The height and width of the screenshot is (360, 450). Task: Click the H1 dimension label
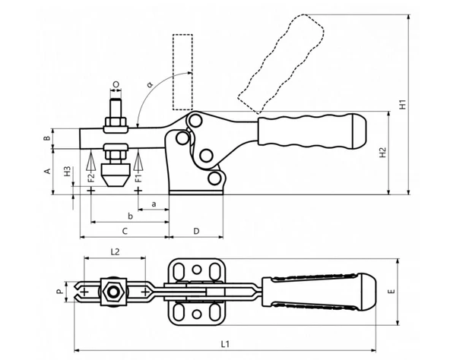pyautogui.click(x=403, y=104)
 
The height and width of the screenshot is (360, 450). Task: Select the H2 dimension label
pyautogui.click(x=382, y=153)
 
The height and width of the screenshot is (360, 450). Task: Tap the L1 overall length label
pyautogui.click(x=225, y=344)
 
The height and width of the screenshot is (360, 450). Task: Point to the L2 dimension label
pyautogui.click(x=115, y=252)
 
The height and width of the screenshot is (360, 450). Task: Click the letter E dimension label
pyautogui.click(x=391, y=292)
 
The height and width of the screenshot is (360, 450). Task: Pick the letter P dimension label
pyautogui.click(x=59, y=292)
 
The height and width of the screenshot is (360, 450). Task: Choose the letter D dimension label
pyautogui.click(x=196, y=231)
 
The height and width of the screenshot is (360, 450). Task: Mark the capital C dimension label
pyautogui.click(x=125, y=231)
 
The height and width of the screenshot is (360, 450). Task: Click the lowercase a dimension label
pyautogui.click(x=154, y=204)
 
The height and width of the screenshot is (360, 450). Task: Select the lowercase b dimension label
pyautogui.click(x=130, y=216)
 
